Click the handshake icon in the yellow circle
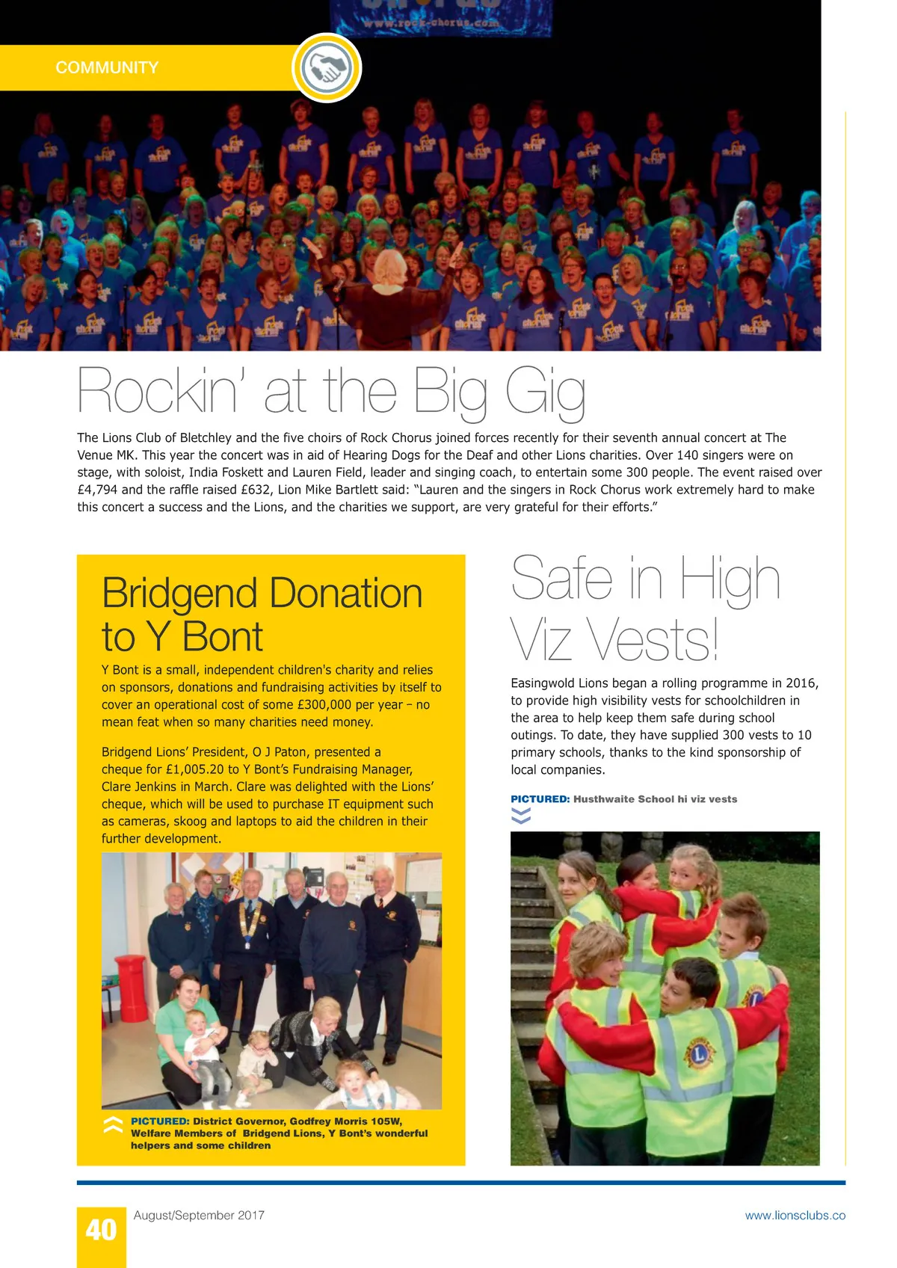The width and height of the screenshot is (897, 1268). click(327, 68)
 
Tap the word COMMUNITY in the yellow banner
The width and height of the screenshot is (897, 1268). click(107, 68)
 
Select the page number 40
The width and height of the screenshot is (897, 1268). click(101, 1230)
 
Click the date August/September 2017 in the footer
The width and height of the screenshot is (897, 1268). click(199, 1216)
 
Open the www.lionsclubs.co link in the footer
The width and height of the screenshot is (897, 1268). click(795, 1216)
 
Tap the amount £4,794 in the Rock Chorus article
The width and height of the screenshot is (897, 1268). click(97, 490)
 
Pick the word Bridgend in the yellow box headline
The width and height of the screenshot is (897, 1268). click(179, 594)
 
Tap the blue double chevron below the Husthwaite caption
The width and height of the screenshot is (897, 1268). click(521, 816)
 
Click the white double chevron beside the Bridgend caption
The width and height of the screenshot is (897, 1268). click(113, 1126)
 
